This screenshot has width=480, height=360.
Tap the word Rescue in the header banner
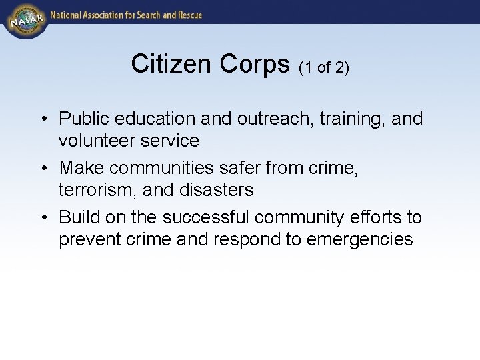click(187, 14)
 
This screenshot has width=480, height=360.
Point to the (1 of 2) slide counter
click(324, 67)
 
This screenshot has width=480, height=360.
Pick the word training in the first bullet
click(351, 119)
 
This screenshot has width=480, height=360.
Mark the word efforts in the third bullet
click(372, 217)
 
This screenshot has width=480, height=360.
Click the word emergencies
click(360, 239)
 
